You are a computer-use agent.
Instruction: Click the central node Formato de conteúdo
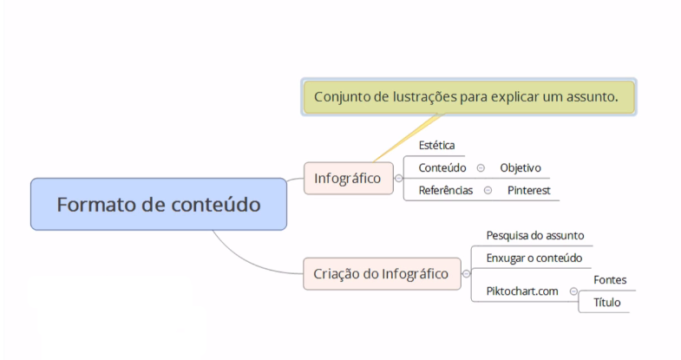click(158, 205)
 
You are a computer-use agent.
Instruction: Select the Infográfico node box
click(348, 178)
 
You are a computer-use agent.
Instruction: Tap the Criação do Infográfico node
click(382, 274)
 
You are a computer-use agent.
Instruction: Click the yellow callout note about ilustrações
click(468, 97)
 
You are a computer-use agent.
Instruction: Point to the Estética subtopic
click(436, 146)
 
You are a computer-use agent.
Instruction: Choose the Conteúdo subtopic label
click(442, 167)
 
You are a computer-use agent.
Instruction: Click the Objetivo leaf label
click(521, 167)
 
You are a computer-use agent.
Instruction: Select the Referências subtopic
click(445, 190)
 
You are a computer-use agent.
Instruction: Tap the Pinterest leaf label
click(529, 190)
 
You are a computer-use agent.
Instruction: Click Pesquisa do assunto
click(534, 235)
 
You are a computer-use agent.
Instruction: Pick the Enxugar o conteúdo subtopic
click(534, 258)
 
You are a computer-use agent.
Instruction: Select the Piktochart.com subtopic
click(522, 291)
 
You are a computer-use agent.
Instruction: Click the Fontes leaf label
click(610, 280)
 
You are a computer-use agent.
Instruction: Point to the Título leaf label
click(607, 302)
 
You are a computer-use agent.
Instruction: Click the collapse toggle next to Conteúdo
click(481, 167)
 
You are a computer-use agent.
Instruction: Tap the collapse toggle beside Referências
click(488, 190)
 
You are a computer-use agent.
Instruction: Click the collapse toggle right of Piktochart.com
click(573, 291)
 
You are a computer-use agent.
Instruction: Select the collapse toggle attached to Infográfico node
click(398, 179)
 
